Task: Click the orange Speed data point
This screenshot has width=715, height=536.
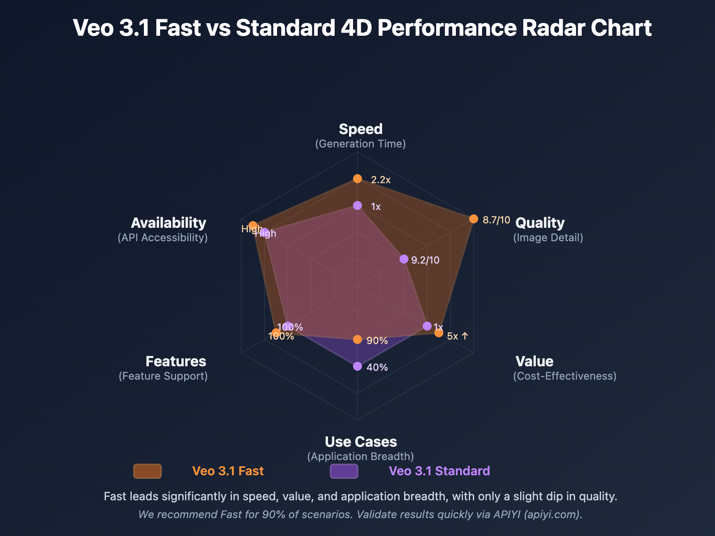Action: tap(357, 179)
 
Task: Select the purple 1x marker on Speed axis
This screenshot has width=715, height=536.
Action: tap(357, 205)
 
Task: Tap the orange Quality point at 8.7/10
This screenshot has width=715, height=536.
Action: tap(474, 219)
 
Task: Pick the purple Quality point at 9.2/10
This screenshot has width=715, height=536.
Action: tap(404, 259)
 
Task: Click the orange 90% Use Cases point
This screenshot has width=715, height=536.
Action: tap(357, 339)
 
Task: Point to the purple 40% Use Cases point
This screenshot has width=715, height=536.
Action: tap(357, 366)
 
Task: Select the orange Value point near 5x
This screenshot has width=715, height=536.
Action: tap(439, 333)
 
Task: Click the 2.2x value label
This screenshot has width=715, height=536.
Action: tap(381, 180)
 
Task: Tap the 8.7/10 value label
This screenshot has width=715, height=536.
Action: tap(496, 220)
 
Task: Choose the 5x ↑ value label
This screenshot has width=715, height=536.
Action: tap(458, 336)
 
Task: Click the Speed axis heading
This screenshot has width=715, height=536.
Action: tap(361, 129)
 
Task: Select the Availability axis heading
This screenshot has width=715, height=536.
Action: tap(168, 223)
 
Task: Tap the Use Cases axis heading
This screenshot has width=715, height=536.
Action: tap(361, 442)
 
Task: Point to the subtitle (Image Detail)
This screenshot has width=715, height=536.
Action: tap(548, 238)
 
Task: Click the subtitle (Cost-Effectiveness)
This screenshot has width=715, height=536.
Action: tap(564, 376)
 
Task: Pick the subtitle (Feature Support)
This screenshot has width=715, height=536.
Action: tap(163, 376)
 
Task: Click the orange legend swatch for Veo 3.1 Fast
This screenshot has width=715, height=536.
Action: tap(147, 471)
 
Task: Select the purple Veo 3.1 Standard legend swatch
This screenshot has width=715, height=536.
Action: tap(344, 471)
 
